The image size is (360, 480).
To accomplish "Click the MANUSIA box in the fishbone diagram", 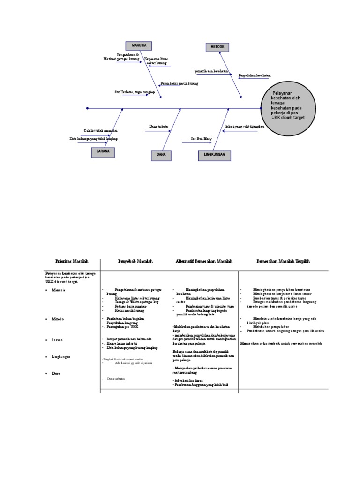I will (x=139, y=45).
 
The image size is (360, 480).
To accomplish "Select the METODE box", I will (x=217, y=47).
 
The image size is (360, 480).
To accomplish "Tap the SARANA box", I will (x=103, y=152).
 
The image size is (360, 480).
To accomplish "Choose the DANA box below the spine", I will (x=161, y=154).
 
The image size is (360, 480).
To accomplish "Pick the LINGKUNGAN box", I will (x=214, y=154).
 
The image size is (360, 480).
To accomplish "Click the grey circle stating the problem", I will (x=287, y=107).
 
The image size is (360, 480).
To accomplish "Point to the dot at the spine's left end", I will (x=87, y=108).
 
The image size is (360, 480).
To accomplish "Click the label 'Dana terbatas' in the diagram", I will (x=158, y=127).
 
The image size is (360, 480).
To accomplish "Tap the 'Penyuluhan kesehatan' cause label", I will (x=255, y=75).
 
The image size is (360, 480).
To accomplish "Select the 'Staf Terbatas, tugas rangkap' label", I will (x=135, y=92).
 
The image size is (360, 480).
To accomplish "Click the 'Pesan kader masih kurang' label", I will (x=179, y=83).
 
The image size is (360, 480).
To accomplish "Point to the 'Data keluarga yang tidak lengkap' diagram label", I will (x=93, y=139).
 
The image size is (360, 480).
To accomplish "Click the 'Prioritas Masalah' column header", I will (x=72, y=261).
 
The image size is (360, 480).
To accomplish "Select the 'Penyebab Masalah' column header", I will (x=135, y=261).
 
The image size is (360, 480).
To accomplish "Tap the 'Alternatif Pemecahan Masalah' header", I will (x=203, y=261).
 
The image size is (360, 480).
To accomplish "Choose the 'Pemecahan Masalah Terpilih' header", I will (x=283, y=261).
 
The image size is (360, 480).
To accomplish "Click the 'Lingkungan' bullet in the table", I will (x=61, y=357).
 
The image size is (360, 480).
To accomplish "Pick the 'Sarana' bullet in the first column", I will (x=57, y=339).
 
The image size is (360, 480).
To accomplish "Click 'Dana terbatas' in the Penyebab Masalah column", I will (x=119, y=378).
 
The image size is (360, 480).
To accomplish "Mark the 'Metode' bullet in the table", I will (x=58, y=319).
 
